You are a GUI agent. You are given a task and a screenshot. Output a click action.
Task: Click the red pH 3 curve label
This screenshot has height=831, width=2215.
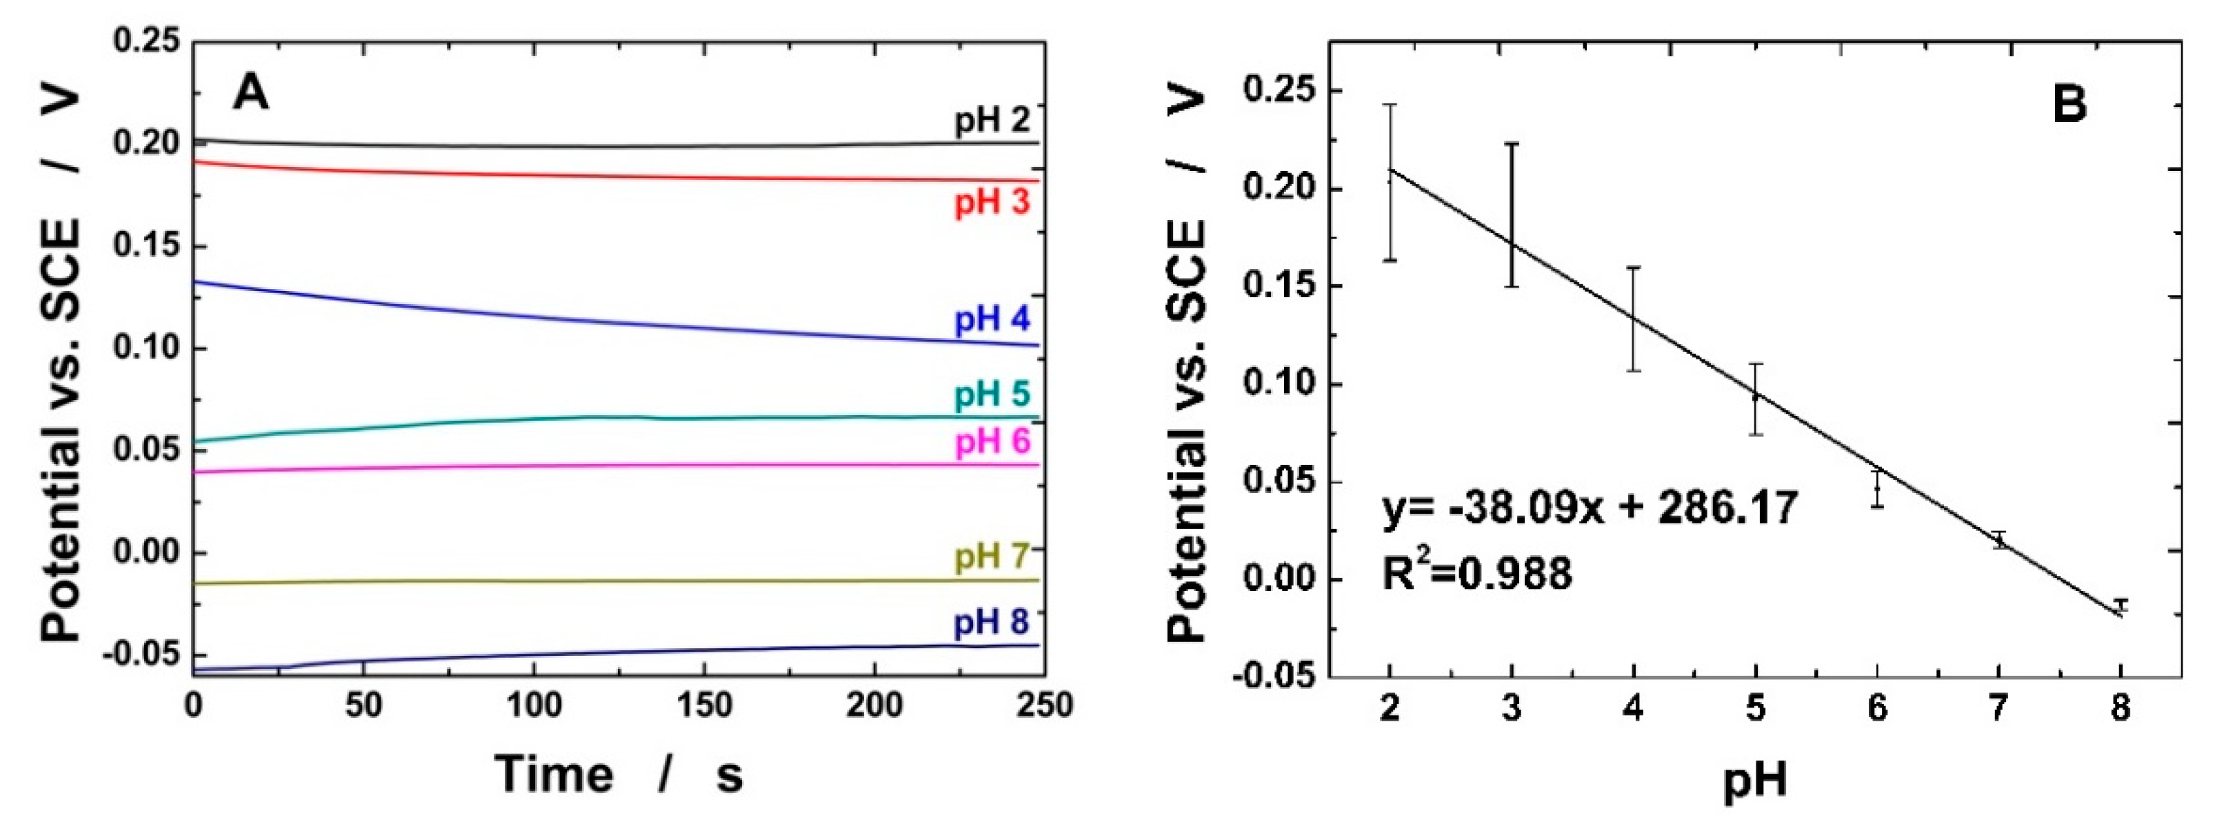pos(992,204)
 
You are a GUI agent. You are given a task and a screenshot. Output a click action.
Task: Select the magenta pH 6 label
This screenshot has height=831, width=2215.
pos(992,442)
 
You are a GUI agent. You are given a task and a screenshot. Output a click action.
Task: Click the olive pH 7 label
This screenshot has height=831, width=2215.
pos(992,557)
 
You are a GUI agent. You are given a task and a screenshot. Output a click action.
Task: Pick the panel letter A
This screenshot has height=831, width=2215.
pos(250,92)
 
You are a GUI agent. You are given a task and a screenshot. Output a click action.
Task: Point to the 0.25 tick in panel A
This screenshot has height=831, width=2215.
pos(146,41)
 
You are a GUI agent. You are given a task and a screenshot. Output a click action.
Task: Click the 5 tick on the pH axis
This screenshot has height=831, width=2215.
pos(1755,710)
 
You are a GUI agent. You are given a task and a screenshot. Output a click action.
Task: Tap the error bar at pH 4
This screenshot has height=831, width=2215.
pos(1634,319)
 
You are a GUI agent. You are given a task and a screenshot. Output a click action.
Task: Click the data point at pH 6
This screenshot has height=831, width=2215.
pos(1877,489)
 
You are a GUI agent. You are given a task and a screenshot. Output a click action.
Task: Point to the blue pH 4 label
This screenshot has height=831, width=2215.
pos(992,320)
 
